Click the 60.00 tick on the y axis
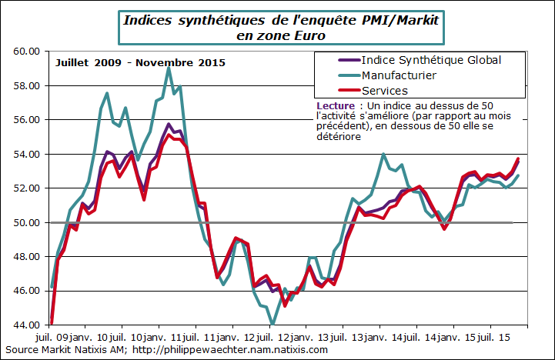[25, 52]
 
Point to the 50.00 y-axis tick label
[25, 223]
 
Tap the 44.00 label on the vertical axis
[25, 325]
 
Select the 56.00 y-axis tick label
[25, 120]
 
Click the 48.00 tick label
[25, 257]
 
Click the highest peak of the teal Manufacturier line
[169, 68]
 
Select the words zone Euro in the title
[293, 35]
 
